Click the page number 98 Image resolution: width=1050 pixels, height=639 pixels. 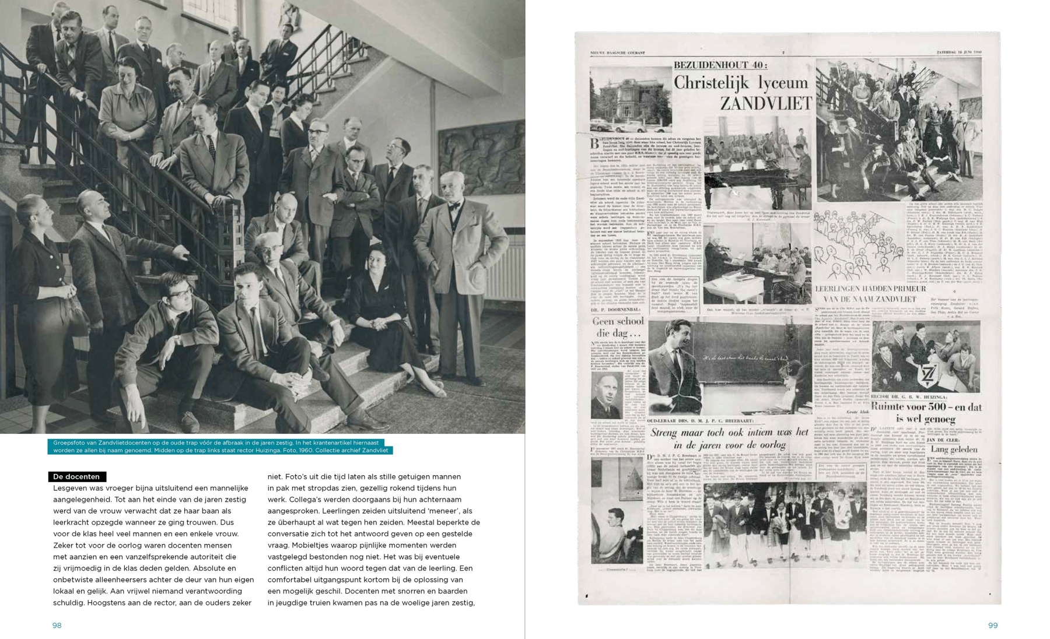pyautogui.click(x=57, y=626)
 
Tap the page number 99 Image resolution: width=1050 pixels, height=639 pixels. pyautogui.click(x=993, y=626)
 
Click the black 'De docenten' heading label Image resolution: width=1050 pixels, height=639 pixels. pyautogui.click(x=77, y=477)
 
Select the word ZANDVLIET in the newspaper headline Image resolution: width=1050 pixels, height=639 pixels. pyautogui.click(x=765, y=104)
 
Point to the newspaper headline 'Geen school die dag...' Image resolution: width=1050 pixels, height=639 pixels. pyautogui.click(x=618, y=327)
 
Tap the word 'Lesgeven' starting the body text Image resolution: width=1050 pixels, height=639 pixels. pyautogui.click(x=69, y=489)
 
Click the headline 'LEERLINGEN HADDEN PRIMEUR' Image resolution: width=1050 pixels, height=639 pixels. pyautogui.click(x=870, y=289)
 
